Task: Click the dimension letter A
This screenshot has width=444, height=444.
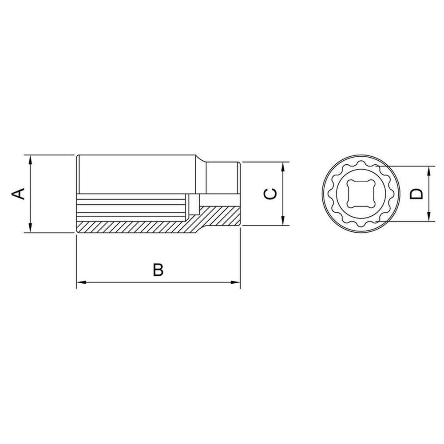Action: pyautogui.click(x=18, y=194)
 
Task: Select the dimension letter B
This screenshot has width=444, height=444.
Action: pyautogui.click(x=159, y=270)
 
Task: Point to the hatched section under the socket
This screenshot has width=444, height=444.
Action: pyautogui.click(x=133, y=227)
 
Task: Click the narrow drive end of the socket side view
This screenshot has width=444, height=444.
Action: pyautogui.click(x=224, y=178)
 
